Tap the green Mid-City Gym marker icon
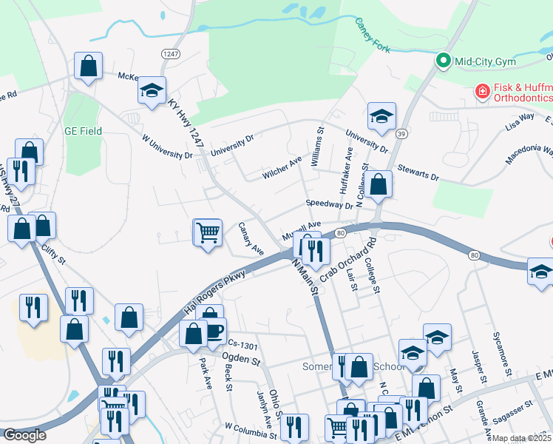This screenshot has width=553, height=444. click(x=444, y=61)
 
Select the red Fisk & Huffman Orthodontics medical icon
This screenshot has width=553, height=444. click(x=482, y=91)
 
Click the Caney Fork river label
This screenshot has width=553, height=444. click(x=371, y=36)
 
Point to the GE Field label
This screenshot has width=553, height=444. click(x=82, y=131)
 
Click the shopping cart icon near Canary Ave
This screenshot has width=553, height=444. click(x=208, y=232)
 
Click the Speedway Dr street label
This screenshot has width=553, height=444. click(x=330, y=204)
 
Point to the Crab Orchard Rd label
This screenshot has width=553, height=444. click(x=349, y=259)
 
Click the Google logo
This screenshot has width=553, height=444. click(x=24, y=435)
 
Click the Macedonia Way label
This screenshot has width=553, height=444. click(x=529, y=155)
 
